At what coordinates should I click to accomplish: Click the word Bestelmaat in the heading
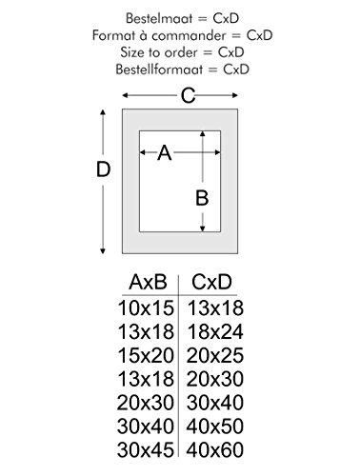tap(160, 18)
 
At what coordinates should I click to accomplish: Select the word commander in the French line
tap(190, 35)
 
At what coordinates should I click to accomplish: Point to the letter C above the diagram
tap(188, 95)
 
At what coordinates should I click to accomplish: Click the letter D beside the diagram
tap(104, 169)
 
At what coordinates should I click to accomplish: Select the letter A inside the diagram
tap(165, 152)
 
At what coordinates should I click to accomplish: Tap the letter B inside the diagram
tap(202, 198)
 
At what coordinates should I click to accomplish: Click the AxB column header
tap(148, 282)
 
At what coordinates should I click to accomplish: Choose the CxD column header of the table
tap(211, 282)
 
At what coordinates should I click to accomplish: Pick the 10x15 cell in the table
tap(146, 307)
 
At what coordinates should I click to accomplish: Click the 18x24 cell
tap(215, 331)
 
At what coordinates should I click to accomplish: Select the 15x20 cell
tap(146, 355)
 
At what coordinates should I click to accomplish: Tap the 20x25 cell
tap(215, 355)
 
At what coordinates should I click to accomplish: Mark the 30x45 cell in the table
tap(146, 449)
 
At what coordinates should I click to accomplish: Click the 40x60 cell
tap(215, 449)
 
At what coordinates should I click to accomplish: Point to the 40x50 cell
tap(215, 426)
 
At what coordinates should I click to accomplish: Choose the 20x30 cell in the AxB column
tap(146, 403)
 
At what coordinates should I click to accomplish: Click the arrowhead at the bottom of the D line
tap(103, 251)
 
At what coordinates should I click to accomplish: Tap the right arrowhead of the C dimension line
tap(235, 95)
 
